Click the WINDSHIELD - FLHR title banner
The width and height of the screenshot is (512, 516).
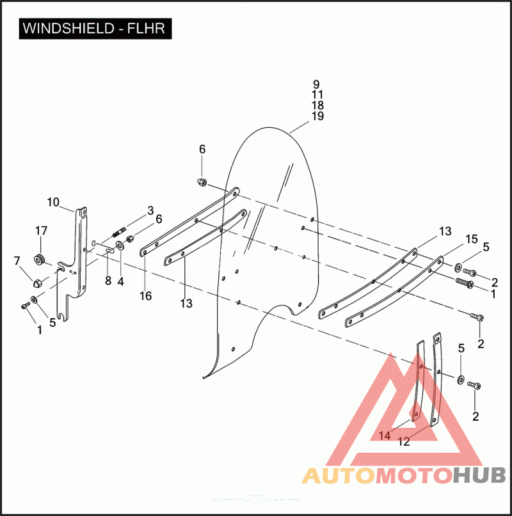(x=95, y=29)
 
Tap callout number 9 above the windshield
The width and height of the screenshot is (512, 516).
(x=316, y=84)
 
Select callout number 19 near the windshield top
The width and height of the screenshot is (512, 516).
(x=317, y=116)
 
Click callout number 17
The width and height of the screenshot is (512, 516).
(x=41, y=231)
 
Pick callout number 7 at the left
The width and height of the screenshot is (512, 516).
(x=17, y=260)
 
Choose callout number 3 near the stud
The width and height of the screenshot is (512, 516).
(x=150, y=210)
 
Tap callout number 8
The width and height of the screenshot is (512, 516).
(x=108, y=280)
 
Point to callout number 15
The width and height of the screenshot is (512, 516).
(x=472, y=239)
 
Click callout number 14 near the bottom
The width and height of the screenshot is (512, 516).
(x=384, y=435)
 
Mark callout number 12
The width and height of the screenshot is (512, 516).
(x=404, y=441)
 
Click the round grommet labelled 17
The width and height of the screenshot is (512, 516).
(x=40, y=258)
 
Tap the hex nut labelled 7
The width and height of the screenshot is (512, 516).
(x=36, y=281)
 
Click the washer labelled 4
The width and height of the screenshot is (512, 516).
(x=120, y=246)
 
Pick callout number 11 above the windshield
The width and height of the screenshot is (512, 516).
(x=317, y=95)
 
